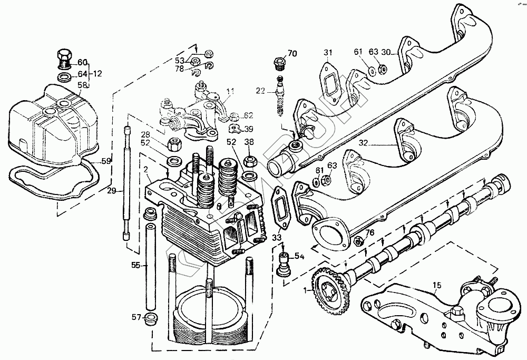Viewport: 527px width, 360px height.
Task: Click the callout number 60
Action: (83, 61)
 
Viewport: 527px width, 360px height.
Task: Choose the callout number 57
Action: (136, 317)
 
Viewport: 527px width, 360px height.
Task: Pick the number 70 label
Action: (292, 53)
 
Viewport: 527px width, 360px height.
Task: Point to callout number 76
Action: (369, 232)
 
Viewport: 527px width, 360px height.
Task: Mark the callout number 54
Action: (299, 256)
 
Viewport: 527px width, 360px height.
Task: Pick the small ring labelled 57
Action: (150, 318)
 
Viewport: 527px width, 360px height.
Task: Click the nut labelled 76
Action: (358, 241)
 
